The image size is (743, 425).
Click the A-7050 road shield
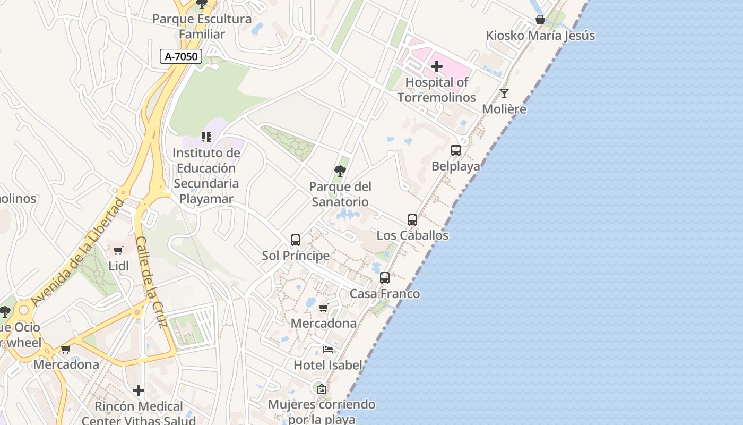tap(181, 56)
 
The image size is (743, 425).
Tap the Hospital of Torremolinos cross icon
tap(437, 66)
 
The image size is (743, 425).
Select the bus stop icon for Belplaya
tap(455, 150)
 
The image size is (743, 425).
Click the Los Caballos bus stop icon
tap(412, 219)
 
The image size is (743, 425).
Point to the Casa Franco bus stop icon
tap(385, 278)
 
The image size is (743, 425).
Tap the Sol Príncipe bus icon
tap(296, 240)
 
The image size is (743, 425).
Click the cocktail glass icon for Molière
tap(504, 93)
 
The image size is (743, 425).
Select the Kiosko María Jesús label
tap(540, 36)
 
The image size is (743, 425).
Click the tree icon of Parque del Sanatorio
tap(340, 171)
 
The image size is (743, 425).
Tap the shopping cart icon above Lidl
tap(118, 250)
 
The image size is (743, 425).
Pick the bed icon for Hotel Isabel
tap(328, 349)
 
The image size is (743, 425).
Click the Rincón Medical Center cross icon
tap(139, 390)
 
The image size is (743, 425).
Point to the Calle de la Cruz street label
tap(151, 282)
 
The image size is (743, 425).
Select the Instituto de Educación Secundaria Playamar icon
tap(206, 137)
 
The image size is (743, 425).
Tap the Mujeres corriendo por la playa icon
tap(321, 389)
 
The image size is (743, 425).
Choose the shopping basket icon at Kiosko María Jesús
tap(540, 20)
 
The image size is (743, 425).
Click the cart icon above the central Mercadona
tap(323, 308)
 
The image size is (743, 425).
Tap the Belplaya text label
tap(455, 166)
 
